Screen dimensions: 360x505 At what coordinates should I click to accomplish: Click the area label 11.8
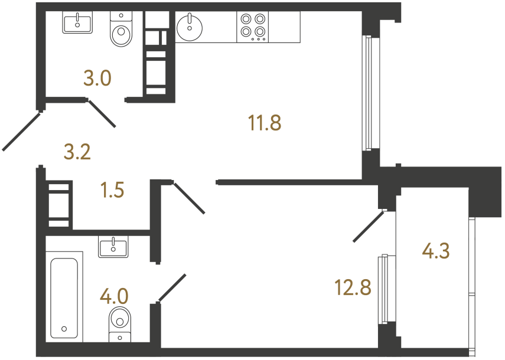click(264, 124)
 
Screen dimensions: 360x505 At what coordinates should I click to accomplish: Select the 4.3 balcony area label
click(436, 252)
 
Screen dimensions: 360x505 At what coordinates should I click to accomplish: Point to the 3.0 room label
click(97, 78)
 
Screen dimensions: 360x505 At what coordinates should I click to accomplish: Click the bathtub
click(64, 298)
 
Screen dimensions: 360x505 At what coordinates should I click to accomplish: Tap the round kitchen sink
click(190, 27)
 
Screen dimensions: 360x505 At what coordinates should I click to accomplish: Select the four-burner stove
click(253, 27)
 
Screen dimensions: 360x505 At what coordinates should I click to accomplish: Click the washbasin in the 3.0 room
click(77, 24)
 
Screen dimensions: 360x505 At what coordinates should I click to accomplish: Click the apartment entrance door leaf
click(21, 130)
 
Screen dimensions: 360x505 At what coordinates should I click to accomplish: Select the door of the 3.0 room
click(102, 113)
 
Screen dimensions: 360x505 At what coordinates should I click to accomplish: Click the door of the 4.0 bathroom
click(172, 288)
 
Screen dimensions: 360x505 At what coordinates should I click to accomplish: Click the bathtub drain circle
click(64, 329)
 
